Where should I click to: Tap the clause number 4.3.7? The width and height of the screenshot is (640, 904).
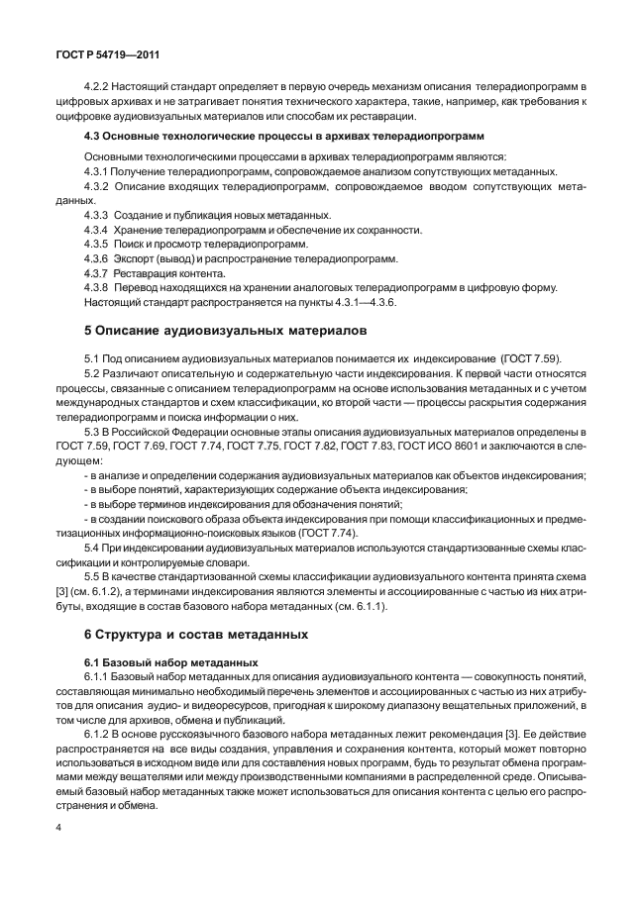coord(97,272)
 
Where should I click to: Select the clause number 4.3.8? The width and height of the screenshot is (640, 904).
coord(97,287)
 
